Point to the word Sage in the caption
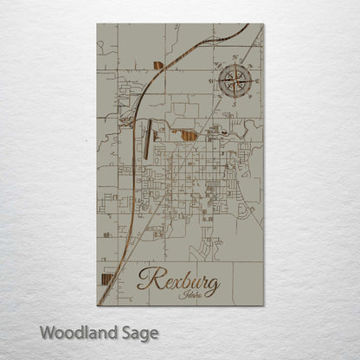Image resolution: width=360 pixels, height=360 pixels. point(138,332)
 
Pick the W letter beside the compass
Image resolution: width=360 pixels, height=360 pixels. point(210,80)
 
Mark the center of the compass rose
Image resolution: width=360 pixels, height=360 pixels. point(233,80)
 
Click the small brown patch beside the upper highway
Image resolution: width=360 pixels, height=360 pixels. point(157,63)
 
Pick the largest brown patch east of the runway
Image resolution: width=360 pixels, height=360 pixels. point(190,133)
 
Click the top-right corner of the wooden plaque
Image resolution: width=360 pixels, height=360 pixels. point(262,24)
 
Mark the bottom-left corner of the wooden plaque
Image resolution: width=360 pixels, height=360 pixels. point(97,305)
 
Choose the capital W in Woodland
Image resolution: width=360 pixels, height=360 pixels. point(47,331)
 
